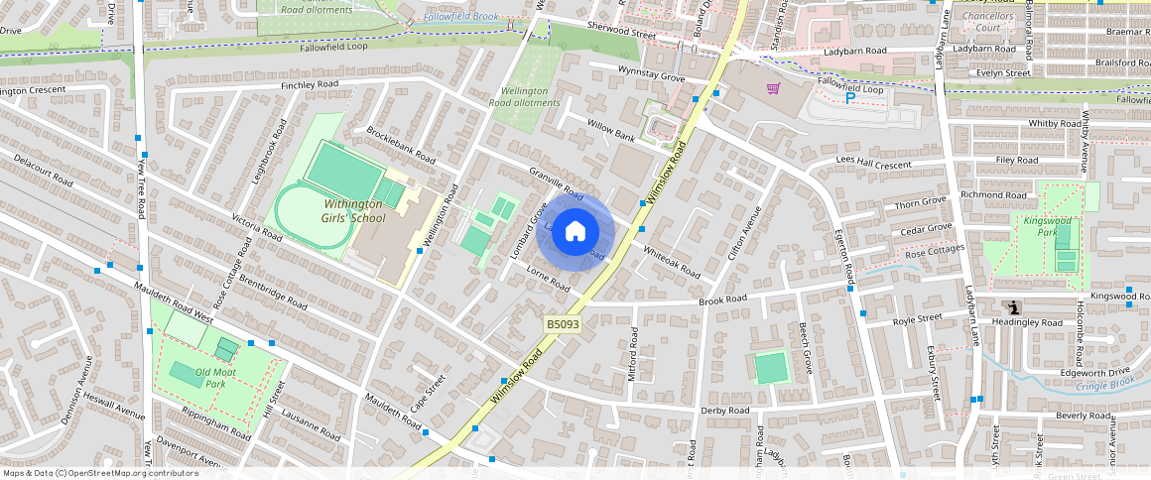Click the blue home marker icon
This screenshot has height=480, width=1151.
pos(575,232)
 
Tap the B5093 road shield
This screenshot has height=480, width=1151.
pos(562,323)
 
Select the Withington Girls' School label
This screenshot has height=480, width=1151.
pos(354,210)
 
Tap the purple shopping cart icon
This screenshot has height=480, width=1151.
pos(773,88)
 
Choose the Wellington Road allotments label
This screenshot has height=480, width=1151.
pos(525,96)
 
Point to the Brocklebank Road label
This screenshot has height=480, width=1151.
pos(401,145)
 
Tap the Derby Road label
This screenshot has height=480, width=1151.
pos(724,410)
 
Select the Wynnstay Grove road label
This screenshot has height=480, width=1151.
pos(651,75)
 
